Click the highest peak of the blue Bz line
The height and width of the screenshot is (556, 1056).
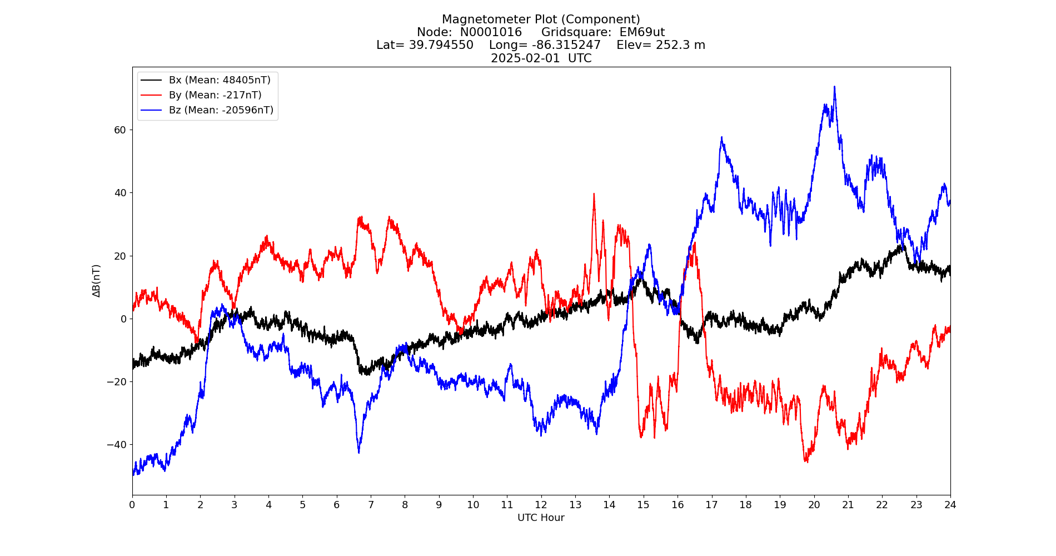(834, 87)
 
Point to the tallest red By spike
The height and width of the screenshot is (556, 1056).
(594, 194)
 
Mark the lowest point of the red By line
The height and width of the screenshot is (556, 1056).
(806, 461)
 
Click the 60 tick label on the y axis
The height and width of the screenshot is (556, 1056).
(120, 130)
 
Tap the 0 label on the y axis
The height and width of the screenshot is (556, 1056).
(123, 319)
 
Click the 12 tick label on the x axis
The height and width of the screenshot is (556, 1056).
(541, 505)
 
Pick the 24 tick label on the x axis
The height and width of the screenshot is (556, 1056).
(950, 505)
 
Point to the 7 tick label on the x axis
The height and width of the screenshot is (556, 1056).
(371, 505)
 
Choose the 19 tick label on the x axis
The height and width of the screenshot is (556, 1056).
(780, 505)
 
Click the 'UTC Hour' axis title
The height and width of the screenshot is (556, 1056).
(541, 518)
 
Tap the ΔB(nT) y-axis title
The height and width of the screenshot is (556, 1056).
(97, 281)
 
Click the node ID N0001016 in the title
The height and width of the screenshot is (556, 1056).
(491, 32)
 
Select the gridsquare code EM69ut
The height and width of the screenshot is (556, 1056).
(642, 32)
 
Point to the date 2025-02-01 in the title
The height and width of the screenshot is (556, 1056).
(525, 58)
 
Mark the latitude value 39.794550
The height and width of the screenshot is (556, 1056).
(441, 45)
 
